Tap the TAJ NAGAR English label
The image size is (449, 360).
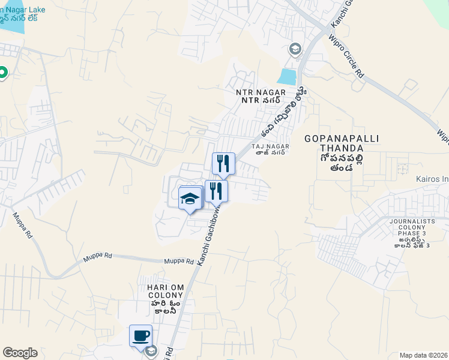(x=270, y=146)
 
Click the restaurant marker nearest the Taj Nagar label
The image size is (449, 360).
(x=223, y=163)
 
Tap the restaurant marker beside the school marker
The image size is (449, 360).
(x=216, y=191)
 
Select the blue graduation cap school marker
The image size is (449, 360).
(x=190, y=198)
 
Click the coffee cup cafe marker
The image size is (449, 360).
(x=141, y=335)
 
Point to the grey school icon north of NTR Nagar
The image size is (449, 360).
(x=295, y=49)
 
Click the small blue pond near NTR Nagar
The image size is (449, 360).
(x=288, y=77)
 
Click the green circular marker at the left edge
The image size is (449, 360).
(x=2, y=73)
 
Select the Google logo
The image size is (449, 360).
(x=20, y=353)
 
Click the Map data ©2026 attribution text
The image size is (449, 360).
(x=424, y=355)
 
